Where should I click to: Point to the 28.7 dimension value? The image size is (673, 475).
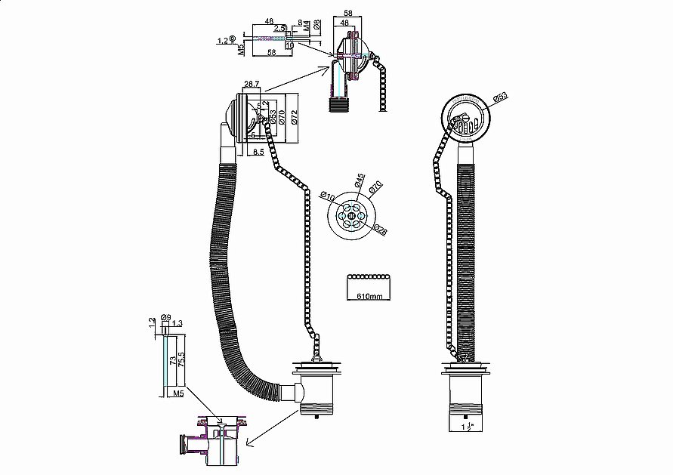252,85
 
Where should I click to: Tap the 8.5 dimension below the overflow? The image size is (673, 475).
258,152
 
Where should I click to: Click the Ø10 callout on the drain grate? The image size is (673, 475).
328,197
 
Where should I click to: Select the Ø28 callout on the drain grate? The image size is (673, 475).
382,232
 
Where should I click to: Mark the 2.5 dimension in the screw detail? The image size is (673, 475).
279,28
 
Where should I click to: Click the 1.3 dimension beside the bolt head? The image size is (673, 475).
178,324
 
